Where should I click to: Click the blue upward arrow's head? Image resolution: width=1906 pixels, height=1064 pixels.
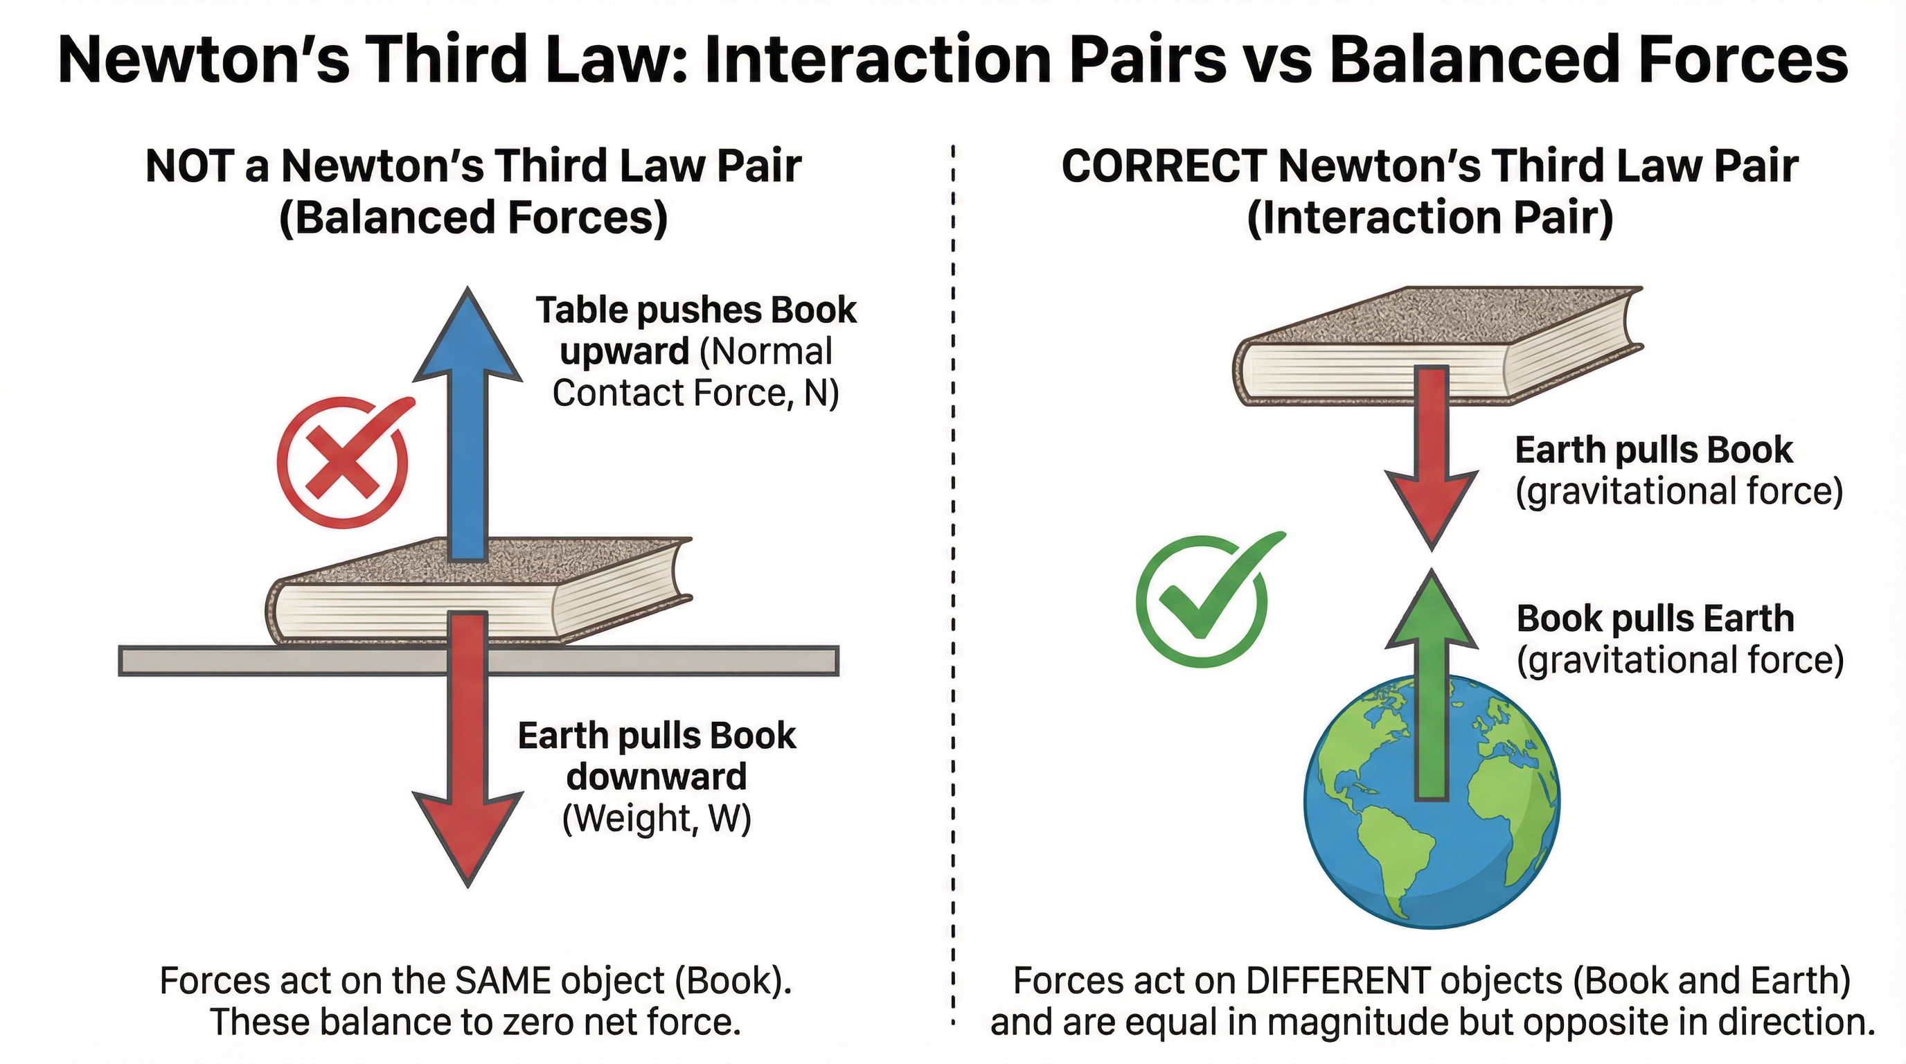tap(467, 337)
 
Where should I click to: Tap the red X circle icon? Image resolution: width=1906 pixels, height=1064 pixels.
tap(342, 463)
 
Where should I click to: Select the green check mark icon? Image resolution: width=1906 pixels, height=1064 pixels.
tap(1202, 601)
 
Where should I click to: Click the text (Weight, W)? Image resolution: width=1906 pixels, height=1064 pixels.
tap(657, 818)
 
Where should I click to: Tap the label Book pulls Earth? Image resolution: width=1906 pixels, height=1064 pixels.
tap(1655, 619)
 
